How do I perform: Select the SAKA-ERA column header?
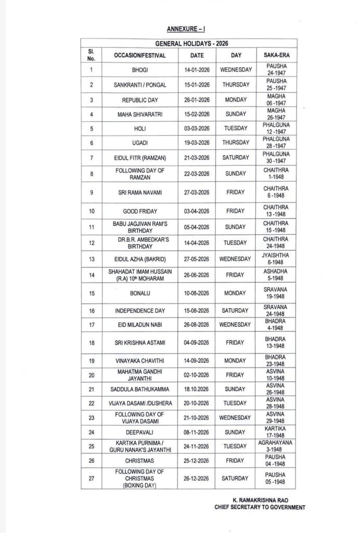[277, 55]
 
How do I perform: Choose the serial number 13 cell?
[91, 259]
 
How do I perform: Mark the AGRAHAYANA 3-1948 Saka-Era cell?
[277, 446]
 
